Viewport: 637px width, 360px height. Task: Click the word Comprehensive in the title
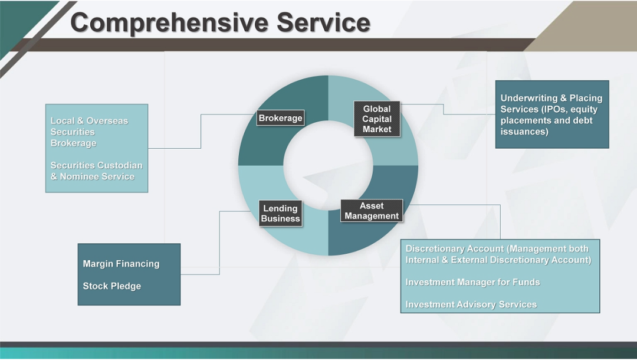pos(169,23)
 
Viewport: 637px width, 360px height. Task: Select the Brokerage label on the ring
pos(280,118)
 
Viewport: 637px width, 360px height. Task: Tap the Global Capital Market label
pos(377,119)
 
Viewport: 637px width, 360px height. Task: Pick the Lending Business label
pos(280,213)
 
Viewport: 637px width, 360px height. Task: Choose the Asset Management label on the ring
pos(372,211)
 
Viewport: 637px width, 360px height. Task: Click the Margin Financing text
pos(121,264)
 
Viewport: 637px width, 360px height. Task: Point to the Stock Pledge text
pos(111,286)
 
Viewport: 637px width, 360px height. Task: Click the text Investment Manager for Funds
pos(472,282)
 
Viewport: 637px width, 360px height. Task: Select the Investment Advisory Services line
pos(471,305)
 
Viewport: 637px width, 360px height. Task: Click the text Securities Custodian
pos(96,165)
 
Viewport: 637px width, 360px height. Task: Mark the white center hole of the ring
pos(328,165)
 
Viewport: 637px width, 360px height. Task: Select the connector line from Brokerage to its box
pos(201,131)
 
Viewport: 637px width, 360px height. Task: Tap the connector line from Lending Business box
pos(220,243)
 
